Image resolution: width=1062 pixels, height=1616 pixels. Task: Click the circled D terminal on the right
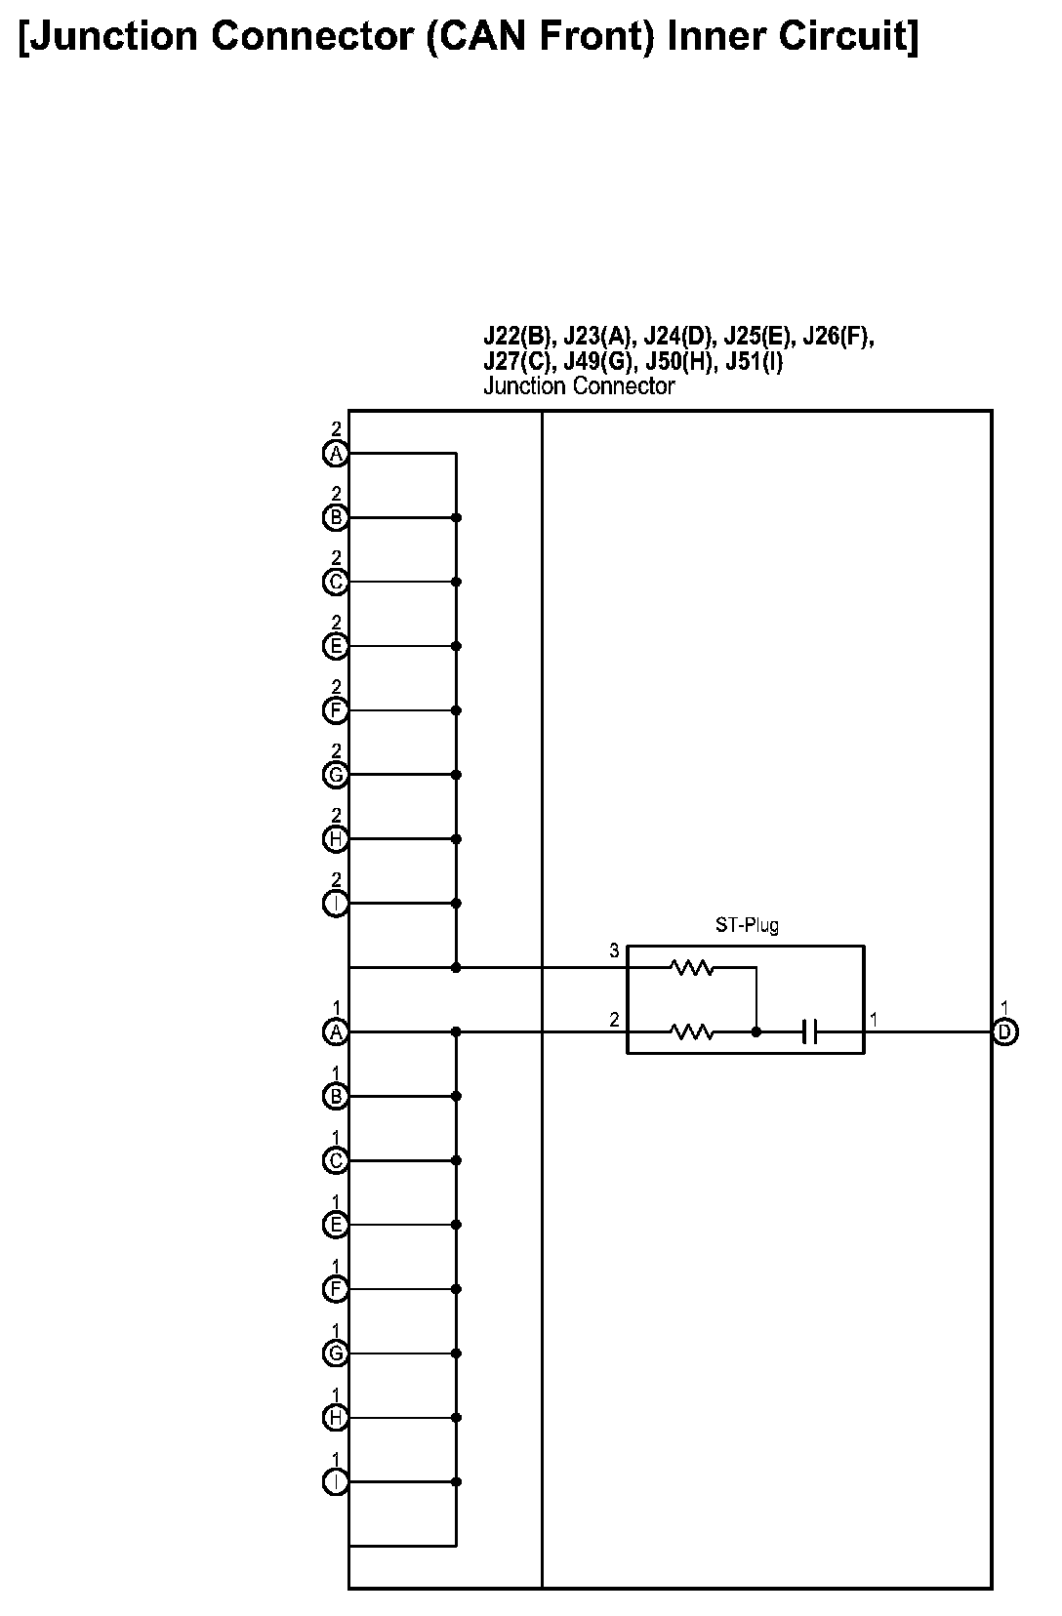[x=1004, y=1031]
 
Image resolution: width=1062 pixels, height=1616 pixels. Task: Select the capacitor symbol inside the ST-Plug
[x=809, y=1031]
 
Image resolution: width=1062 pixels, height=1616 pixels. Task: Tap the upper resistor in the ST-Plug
[x=692, y=968]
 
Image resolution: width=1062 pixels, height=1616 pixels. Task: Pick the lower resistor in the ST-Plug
[x=692, y=1031]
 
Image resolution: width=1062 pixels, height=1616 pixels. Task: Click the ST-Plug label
[x=747, y=925]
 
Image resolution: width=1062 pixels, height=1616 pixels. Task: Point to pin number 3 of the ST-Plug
[x=614, y=950]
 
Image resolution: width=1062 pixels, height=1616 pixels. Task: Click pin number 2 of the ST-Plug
[x=614, y=1020]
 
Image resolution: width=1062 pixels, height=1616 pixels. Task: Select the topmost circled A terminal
[x=336, y=454]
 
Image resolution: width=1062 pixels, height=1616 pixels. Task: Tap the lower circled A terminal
[x=336, y=1031]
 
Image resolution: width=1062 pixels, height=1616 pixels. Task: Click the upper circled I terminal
[x=336, y=904]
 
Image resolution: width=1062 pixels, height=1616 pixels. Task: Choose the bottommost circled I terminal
[x=336, y=1481]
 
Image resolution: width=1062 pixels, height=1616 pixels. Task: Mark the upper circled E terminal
[x=336, y=646]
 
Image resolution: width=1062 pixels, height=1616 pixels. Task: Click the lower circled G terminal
[x=336, y=1353]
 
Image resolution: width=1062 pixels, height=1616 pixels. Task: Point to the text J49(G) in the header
[x=600, y=362]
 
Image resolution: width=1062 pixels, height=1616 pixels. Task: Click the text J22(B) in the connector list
[x=518, y=338]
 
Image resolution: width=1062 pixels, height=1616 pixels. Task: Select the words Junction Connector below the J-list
[x=579, y=386]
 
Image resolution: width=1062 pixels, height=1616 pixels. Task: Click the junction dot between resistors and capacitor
[x=756, y=1031]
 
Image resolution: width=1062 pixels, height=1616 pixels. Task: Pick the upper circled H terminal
[x=336, y=839]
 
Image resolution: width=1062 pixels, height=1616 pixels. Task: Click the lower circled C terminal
[x=336, y=1160]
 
